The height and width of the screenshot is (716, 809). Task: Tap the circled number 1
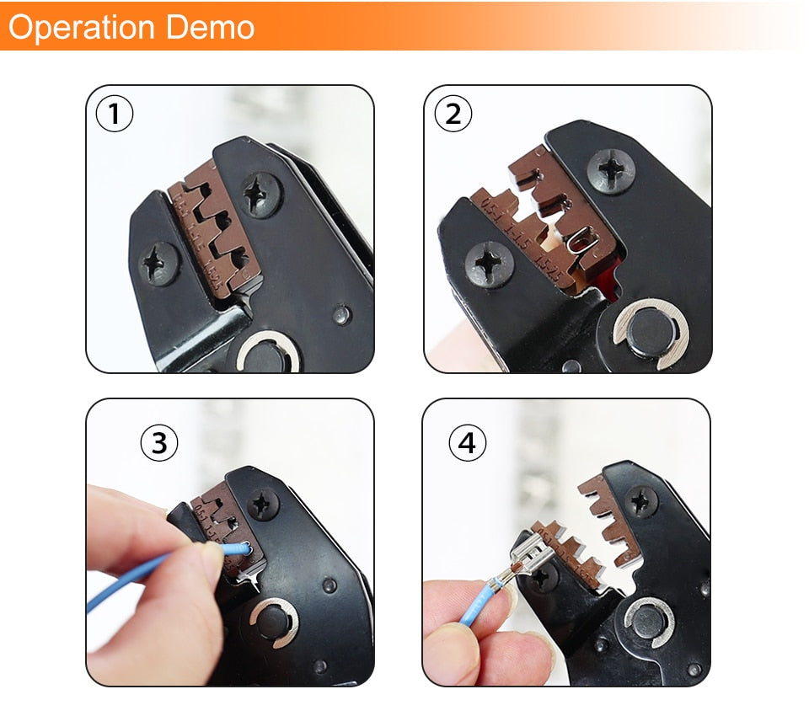coord(115,115)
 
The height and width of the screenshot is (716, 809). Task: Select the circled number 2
coord(453,114)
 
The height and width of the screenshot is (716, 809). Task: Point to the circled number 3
coord(159,442)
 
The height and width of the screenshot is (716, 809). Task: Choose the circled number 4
coord(468,443)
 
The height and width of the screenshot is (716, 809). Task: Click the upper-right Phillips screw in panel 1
coord(259,195)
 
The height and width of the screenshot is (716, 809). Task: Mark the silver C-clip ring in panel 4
coord(648,623)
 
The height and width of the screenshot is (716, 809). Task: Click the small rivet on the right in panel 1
coord(341,315)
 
